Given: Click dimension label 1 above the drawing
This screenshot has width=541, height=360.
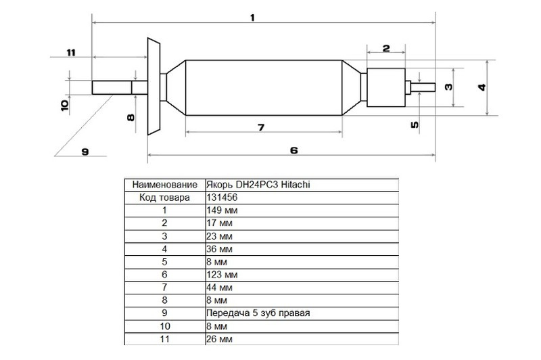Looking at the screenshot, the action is click(x=252, y=18).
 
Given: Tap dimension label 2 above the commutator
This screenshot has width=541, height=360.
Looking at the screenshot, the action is click(x=386, y=48).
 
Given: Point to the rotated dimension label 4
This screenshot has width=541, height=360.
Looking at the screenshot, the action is click(x=482, y=87).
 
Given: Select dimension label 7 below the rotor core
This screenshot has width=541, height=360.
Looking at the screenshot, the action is click(x=261, y=127).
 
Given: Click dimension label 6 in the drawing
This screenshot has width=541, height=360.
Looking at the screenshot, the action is click(x=293, y=150).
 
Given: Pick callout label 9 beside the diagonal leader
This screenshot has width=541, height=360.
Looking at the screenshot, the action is click(x=85, y=152).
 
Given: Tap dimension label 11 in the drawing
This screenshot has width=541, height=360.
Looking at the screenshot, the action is click(x=71, y=53).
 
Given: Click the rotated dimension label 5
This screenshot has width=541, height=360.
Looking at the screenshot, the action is click(x=415, y=125).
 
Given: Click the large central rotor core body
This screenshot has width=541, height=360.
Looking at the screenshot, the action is click(x=264, y=87).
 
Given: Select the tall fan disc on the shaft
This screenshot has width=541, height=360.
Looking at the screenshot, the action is click(x=154, y=87).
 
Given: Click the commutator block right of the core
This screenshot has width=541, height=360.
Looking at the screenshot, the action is click(x=385, y=87).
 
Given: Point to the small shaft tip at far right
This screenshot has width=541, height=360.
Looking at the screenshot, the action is click(x=423, y=87).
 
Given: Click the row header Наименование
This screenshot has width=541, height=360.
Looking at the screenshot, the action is click(x=165, y=185).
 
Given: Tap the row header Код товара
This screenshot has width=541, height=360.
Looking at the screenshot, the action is click(x=164, y=198).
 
